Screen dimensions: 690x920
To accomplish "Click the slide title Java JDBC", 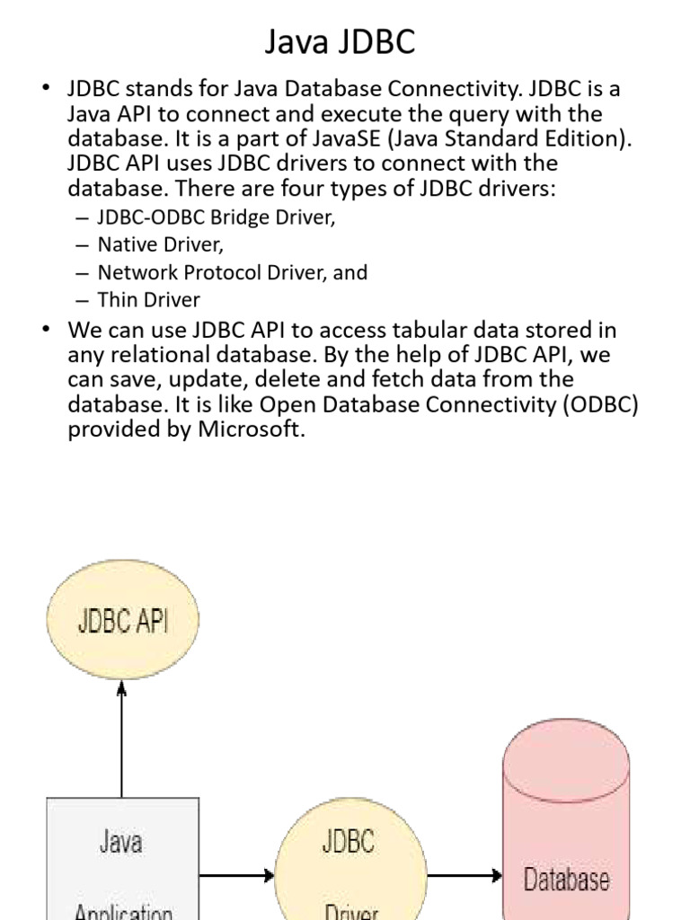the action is click(x=340, y=41).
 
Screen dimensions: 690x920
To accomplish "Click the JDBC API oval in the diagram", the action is click(x=122, y=621).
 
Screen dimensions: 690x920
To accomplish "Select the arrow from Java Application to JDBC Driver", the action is click(x=236, y=874).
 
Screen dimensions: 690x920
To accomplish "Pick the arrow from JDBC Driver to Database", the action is click(x=464, y=874).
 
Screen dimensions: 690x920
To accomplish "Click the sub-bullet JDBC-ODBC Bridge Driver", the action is click(x=216, y=218).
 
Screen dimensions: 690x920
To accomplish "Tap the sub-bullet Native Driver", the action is click(x=160, y=245).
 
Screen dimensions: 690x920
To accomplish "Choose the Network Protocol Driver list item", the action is click(x=232, y=272).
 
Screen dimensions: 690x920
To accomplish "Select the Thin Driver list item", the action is click(x=148, y=299).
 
